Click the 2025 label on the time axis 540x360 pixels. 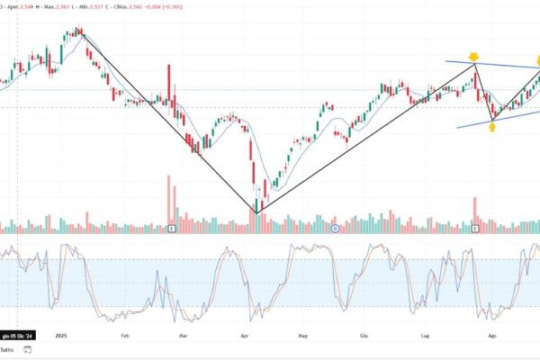point(60,335)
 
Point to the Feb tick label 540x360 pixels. point(126,335)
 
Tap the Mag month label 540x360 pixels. point(302,335)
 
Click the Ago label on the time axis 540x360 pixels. point(491,335)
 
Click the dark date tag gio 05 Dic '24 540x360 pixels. point(18,335)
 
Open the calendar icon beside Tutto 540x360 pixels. point(29,349)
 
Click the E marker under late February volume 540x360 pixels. point(171,229)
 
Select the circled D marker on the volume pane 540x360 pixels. point(335,229)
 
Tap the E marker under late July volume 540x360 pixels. point(475,229)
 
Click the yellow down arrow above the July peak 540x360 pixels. point(473,58)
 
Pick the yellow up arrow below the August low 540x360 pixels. point(492,127)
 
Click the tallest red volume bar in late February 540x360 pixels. point(168,198)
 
